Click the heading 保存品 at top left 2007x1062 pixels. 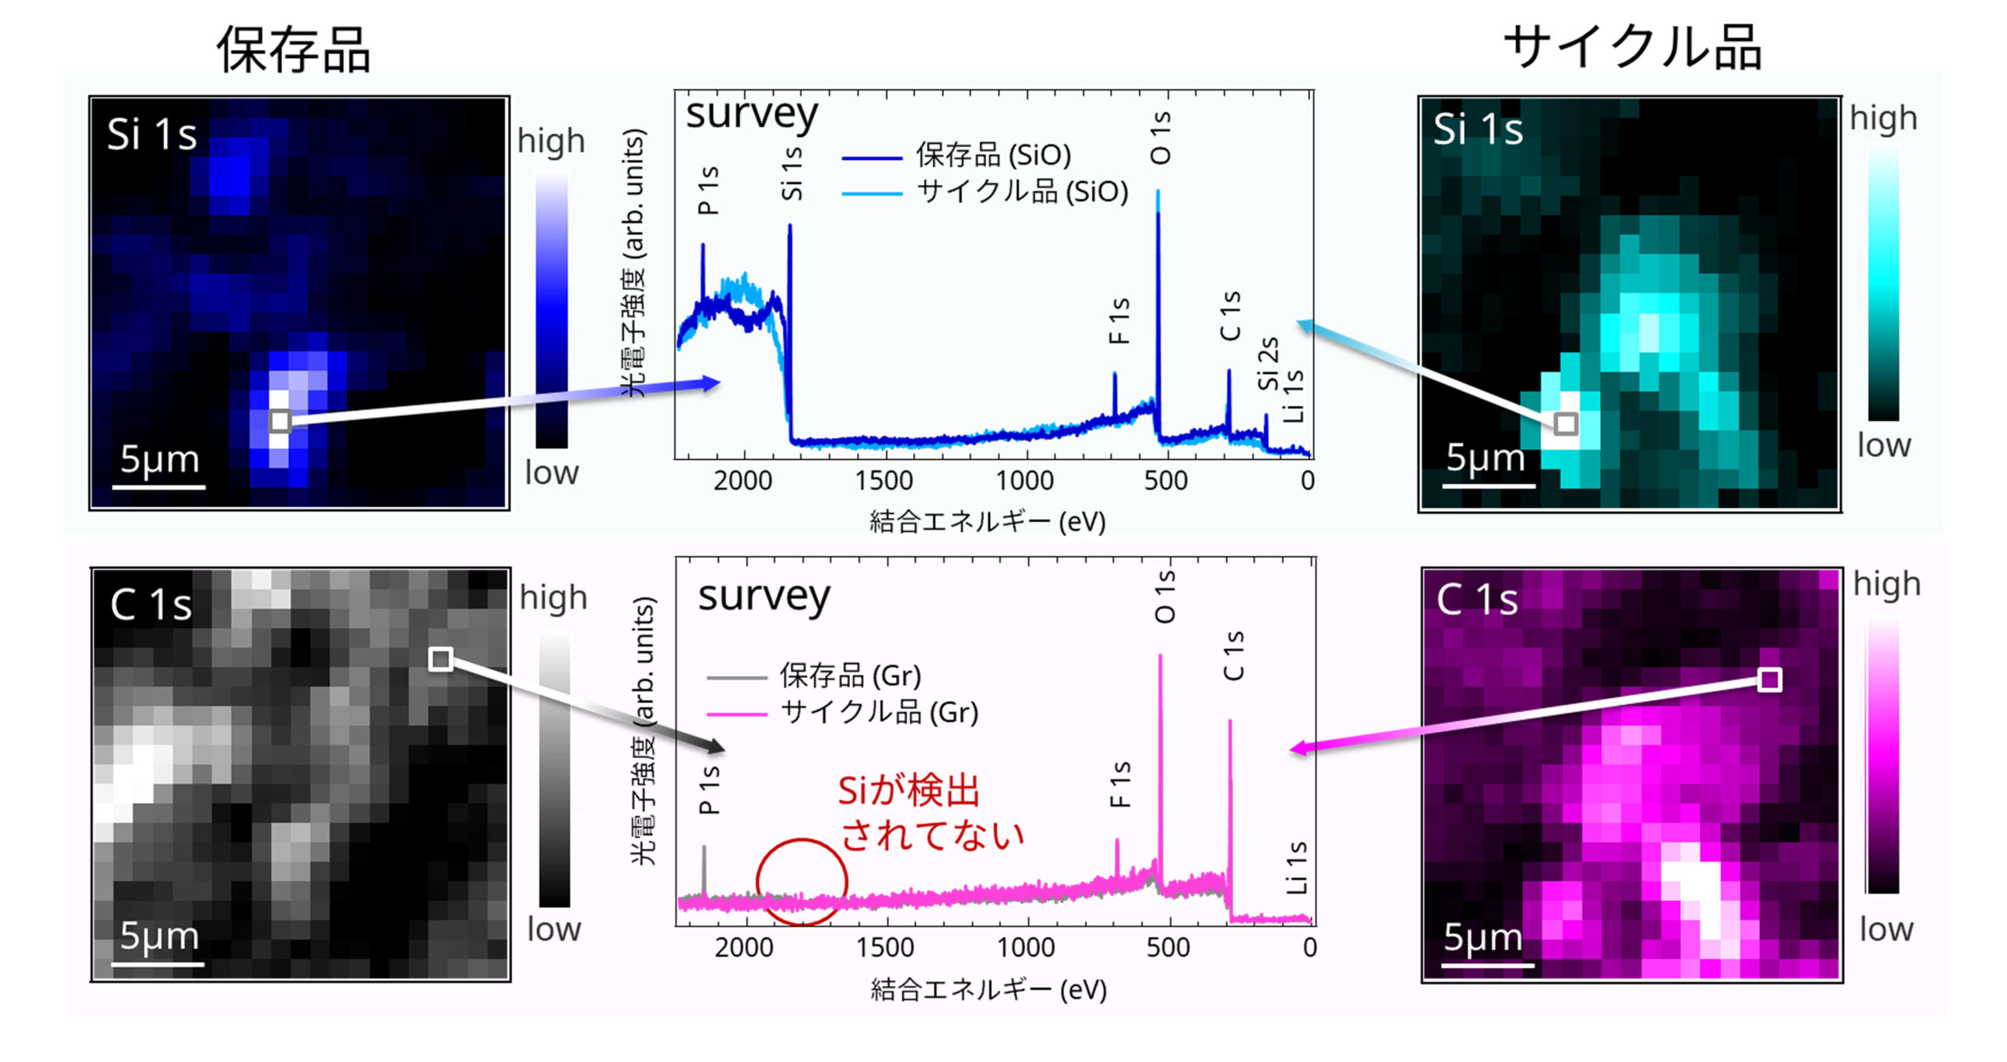pos(293,49)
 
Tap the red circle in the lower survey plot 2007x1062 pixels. pos(801,882)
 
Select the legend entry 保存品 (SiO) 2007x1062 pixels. pos(993,155)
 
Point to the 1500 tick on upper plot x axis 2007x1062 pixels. pos(884,480)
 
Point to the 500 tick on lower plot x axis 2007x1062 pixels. pos(1168,947)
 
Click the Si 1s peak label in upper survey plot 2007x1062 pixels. pos(792,174)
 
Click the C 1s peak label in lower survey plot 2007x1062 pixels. pos(1233,655)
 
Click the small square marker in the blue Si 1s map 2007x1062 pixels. pos(280,421)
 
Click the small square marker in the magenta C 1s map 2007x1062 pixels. pos(1769,680)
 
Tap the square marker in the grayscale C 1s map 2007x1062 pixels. pos(441,659)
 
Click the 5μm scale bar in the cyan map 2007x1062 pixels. pos(1488,485)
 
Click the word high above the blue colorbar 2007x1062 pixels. pos(551,141)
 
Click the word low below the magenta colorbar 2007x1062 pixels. pos(1886,930)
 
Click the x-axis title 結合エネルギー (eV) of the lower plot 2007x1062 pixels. pos(989,989)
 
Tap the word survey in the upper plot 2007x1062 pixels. pos(751,115)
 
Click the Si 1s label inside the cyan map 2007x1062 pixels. pos(1478,129)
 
